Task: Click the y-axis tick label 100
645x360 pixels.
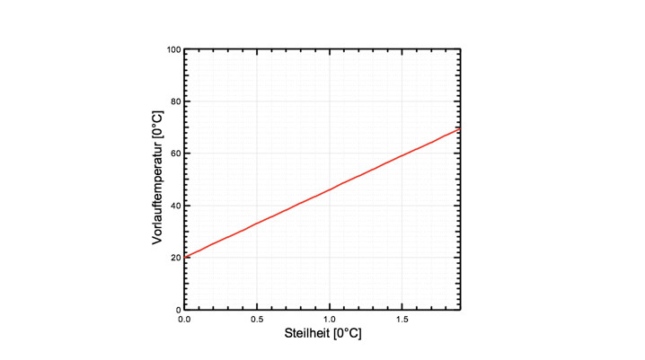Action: coord(172,49)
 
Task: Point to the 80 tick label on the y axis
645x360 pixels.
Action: coord(174,101)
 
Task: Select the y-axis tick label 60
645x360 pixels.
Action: coord(174,154)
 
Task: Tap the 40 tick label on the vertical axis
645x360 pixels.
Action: coord(174,206)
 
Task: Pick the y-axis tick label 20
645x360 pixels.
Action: coord(174,258)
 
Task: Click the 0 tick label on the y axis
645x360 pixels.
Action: coord(177,310)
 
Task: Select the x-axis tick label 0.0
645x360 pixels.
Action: coord(184,320)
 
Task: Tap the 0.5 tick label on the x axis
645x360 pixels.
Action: coord(257,320)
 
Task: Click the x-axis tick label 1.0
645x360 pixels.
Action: coord(330,320)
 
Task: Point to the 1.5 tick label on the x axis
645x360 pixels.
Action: coord(402,320)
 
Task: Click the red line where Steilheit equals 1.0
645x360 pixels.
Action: coord(330,189)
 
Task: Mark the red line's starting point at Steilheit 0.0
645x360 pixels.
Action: coord(185,257)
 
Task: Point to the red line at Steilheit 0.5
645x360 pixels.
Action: coord(257,223)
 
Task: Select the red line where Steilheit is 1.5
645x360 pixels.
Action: coord(402,155)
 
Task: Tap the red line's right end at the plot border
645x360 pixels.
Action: coord(460,128)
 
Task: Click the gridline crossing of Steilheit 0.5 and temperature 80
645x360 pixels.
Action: coord(257,101)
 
